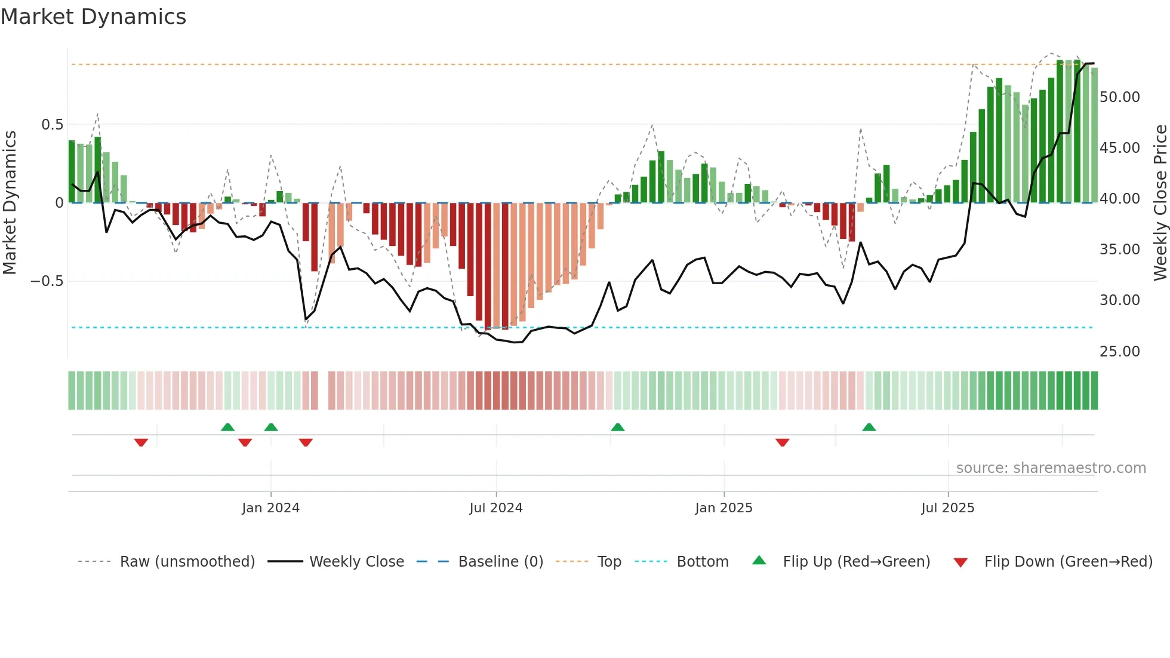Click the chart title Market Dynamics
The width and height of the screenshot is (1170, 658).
[94, 17]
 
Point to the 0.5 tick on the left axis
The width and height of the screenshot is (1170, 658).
[52, 124]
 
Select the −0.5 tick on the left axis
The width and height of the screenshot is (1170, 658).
[47, 281]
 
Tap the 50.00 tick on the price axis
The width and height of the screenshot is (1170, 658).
[1120, 97]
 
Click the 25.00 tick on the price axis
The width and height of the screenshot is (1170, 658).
[1120, 351]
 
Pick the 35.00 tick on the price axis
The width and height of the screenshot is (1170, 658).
[1120, 249]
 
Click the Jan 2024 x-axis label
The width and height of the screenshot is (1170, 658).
[270, 508]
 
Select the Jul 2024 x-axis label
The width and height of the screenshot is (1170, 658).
[496, 508]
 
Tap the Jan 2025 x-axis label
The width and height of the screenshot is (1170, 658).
[723, 508]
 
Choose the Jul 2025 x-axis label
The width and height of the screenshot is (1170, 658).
[948, 508]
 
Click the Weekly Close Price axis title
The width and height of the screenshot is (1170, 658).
[1160, 202]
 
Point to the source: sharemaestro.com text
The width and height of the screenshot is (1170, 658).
[1051, 468]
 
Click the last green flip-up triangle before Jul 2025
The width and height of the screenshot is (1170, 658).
[869, 427]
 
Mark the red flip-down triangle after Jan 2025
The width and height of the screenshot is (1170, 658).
[783, 442]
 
